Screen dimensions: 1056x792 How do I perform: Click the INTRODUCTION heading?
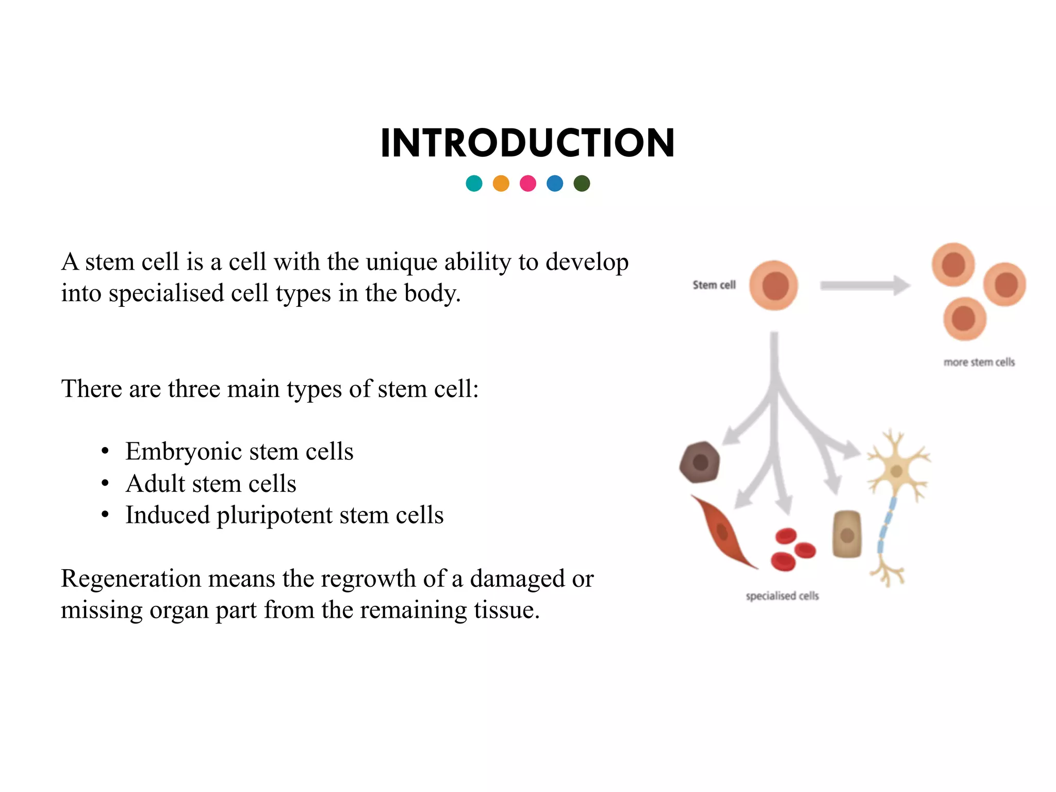(x=527, y=143)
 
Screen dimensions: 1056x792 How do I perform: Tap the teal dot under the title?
(x=474, y=184)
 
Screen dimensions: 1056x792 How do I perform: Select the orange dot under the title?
(x=501, y=184)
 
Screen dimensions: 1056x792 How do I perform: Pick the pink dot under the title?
(x=528, y=184)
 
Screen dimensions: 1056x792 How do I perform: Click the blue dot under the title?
(x=555, y=184)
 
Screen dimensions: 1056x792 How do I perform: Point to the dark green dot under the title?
(x=582, y=184)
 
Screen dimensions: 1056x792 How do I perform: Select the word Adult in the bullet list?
(x=155, y=484)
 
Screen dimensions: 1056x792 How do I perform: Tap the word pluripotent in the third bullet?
(x=274, y=516)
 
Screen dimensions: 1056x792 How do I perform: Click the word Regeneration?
(x=130, y=579)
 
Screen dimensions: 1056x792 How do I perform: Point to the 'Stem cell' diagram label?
(x=714, y=285)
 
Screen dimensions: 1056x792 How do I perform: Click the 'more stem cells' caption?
(x=979, y=362)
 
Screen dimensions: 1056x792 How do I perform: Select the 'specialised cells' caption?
(x=782, y=596)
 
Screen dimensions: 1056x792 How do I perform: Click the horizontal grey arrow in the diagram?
(x=864, y=285)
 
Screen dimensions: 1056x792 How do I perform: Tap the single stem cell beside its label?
(x=773, y=285)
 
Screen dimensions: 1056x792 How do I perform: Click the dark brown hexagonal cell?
(x=700, y=462)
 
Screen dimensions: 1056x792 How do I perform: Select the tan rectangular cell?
(x=847, y=534)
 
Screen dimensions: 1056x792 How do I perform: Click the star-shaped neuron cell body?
(x=896, y=471)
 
